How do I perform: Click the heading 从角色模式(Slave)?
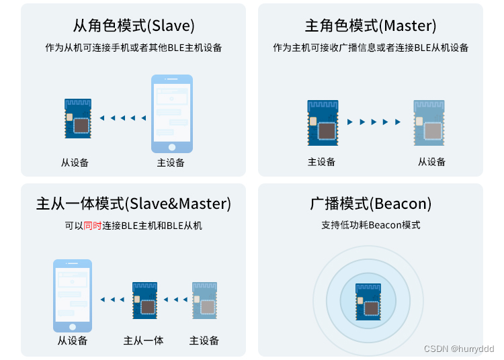pos(134,26)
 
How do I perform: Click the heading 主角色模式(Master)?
pos(370,26)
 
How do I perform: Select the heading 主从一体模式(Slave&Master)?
pos(134,204)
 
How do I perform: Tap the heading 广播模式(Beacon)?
pos(370,204)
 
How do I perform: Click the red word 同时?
pos(93,226)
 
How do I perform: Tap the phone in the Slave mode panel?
pos(171,114)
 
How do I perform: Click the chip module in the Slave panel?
pos(78,118)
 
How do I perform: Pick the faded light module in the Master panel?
pos(429,122)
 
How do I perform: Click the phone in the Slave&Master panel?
pos(73,296)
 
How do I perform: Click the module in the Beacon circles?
pos(368,298)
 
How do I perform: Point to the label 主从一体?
pos(144,341)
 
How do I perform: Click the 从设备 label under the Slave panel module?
pos(75,163)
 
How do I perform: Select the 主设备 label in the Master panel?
pos(321,162)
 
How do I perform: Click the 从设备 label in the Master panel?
pos(431,162)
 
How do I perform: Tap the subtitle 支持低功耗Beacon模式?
pos(370,225)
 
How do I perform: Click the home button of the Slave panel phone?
pos(171,147)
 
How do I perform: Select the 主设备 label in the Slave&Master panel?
pos(204,341)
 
